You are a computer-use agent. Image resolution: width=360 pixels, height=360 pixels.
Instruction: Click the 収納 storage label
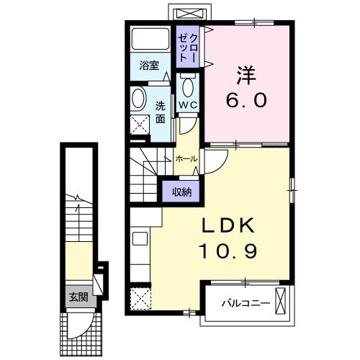[x=181, y=192]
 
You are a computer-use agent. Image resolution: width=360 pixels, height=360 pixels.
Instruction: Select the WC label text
[x=189, y=105]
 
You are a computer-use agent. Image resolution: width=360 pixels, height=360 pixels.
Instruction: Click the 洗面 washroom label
[x=160, y=112]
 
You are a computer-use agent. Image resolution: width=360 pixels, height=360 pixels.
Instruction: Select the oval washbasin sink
[x=138, y=99]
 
